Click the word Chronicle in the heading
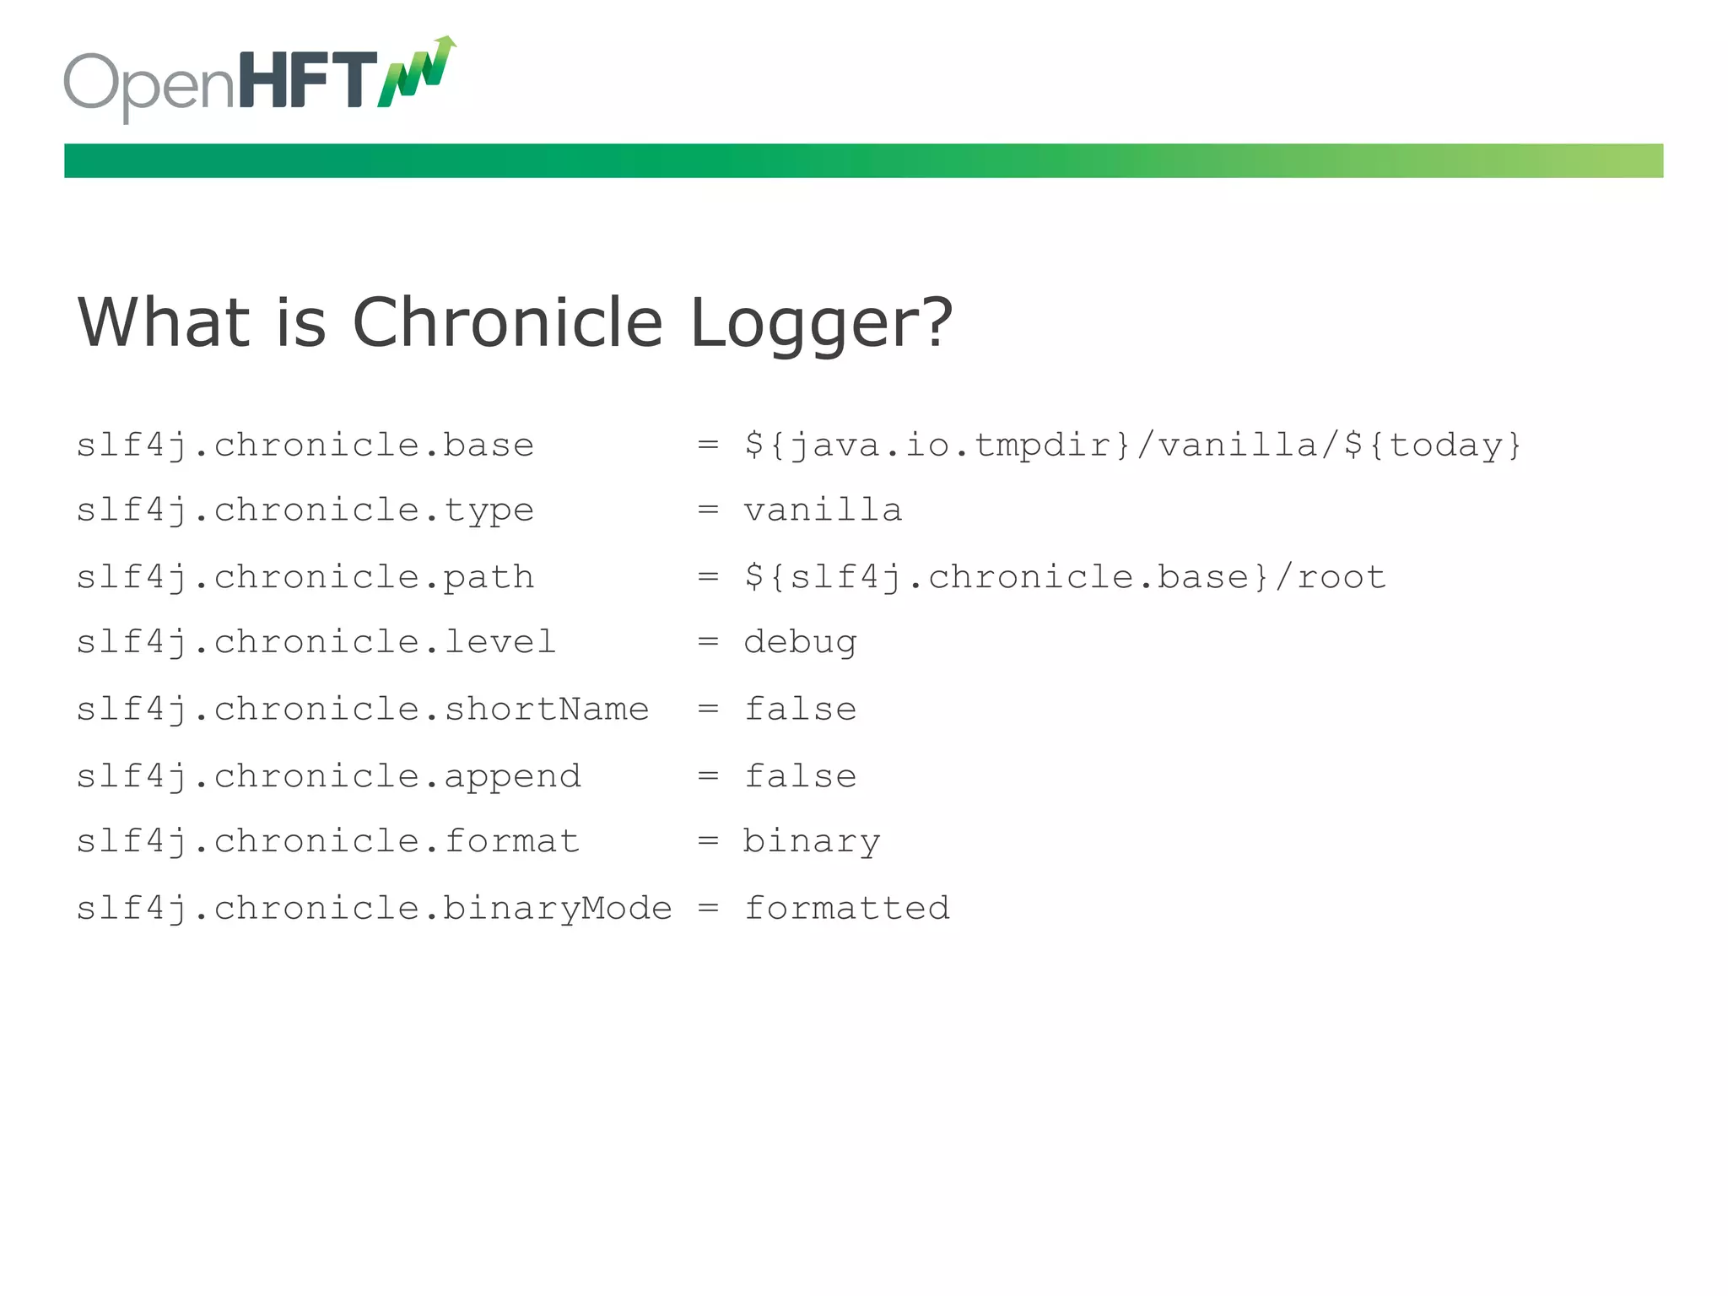507,322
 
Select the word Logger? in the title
821,324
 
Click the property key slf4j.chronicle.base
305,445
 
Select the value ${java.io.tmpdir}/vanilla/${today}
1132,445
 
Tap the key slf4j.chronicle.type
305,510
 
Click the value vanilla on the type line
823,510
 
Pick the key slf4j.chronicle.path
305,577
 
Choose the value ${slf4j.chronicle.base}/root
1065,577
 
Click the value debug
800,643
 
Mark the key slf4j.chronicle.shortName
362,710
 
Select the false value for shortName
800,710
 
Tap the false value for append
800,776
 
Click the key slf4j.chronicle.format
327,842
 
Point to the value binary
811,842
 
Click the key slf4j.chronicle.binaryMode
374,909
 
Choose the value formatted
846,909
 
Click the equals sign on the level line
708,643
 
